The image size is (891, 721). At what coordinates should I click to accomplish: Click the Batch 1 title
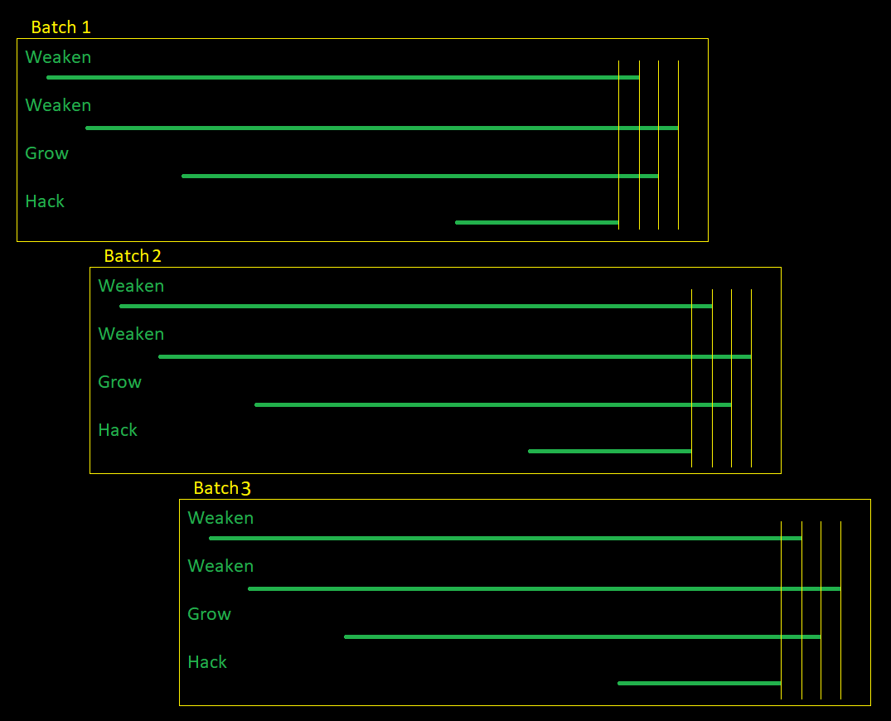[x=61, y=27]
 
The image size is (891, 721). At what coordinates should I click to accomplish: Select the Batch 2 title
[x=133, y=256]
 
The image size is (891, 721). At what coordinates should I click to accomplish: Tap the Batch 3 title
[x=222, y=488]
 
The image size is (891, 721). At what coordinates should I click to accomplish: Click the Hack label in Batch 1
[x=45, y=201]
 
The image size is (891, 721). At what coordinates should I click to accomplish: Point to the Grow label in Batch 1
[x=46, y=153]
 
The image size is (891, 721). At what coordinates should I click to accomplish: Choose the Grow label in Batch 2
[x=119, y=382]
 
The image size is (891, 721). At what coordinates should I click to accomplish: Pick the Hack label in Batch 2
[x=118, y=430]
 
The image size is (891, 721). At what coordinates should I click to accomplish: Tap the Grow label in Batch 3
[x=209, y=614]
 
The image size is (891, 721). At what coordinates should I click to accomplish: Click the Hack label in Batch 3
[x=207, y=662]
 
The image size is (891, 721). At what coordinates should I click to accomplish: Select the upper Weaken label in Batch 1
[x=58, y=57]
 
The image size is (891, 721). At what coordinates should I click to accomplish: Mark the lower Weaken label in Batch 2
[x=131, y=334]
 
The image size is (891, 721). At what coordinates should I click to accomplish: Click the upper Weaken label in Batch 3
[x=220, y=518]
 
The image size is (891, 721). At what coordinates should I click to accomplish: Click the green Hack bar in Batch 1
[x=537, y=222]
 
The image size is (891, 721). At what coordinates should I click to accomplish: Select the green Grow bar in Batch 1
[x=419, y=176]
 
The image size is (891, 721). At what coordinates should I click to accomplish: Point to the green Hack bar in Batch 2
[x=610, y=451]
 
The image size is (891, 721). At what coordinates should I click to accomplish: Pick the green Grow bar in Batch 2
[x=492, y=404]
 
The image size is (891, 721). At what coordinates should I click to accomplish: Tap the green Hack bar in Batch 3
[x=700, y=683]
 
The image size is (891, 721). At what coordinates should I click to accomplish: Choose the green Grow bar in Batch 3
[x=582, y=636]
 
